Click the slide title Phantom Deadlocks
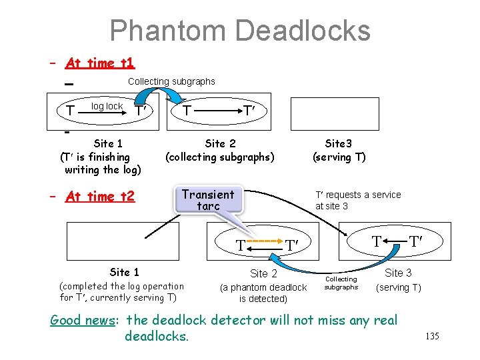[x=239, y=31]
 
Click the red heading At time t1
[x=100, y=63]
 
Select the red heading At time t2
[x=100, y=196]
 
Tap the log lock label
[x=107, y=106]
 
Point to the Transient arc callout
[x=208, y=200]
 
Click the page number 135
[x=432, y=336]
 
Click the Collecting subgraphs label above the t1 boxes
[x=171, y=81]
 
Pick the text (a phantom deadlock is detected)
[x=263, y=293]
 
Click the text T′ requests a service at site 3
[x=358, y=200]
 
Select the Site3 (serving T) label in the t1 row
[x=339, y=150]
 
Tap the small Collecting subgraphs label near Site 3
[x=341, y=283]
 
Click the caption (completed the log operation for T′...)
[x=122, y=291]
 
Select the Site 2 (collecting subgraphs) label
[x=219, y=150]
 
